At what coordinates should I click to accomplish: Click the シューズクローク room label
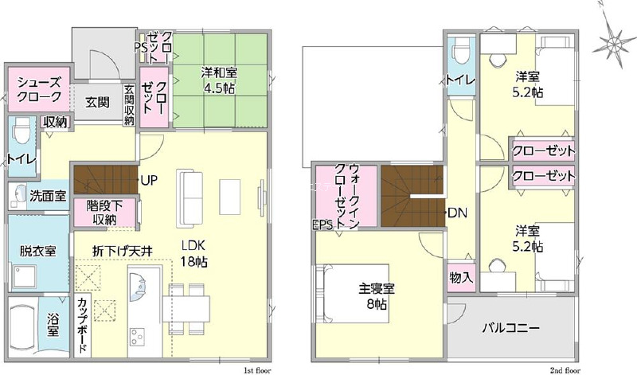[39, 90]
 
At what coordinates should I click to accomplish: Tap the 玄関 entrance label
[97, 102]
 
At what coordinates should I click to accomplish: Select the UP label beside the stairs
[149, 181]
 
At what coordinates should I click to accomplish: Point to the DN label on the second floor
[457, 213]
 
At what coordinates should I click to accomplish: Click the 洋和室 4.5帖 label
[220, 81]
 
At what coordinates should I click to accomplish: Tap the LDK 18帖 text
[193, 253]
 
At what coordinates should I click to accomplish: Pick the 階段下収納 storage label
[104, 213]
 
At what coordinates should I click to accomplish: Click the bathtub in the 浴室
[23, 327]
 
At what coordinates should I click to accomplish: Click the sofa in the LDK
[189, 200]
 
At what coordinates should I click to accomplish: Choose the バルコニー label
[510, 328]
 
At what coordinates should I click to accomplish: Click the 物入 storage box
[461, 278]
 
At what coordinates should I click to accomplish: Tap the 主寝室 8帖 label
[377, 297]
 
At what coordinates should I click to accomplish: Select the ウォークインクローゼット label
[347, 196]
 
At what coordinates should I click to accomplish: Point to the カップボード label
[83, 326]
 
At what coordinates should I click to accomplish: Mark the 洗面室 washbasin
[18, 195]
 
